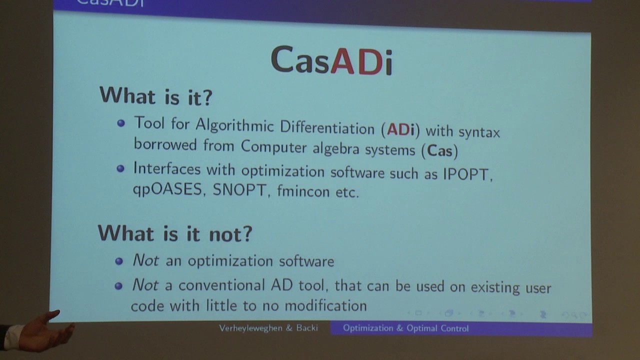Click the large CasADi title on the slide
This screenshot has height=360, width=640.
331,60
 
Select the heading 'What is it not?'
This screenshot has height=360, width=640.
174,233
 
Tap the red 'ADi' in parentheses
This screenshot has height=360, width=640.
400,129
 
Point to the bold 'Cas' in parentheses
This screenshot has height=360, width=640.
439,151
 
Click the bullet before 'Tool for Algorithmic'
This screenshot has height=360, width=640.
120,122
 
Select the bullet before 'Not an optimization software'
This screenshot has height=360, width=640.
119,260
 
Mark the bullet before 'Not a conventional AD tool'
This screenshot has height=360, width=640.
118,286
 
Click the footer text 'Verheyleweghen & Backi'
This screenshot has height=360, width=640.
268,328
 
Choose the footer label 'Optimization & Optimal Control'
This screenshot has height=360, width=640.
405,328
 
